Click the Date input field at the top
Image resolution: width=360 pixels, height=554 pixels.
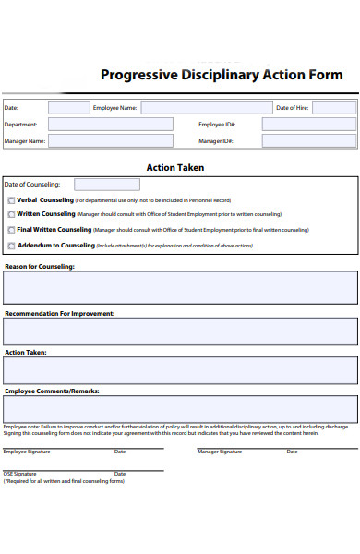(68, 107)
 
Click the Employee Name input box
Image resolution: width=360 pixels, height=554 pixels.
(207, 107)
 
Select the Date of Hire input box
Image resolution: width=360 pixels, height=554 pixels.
(333, 107)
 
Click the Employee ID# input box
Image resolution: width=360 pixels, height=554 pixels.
(308, 124)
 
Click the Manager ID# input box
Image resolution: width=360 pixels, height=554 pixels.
(308, 141)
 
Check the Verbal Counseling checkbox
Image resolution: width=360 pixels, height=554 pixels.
(11, 200)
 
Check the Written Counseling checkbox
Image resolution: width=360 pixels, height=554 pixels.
(11, 214)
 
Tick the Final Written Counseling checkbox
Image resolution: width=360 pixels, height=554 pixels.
(11, 230)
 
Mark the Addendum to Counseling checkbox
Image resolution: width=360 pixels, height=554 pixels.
(11, 246)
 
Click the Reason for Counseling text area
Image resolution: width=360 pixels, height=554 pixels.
(180, 287)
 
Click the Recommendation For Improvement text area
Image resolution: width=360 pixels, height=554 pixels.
(180, 331)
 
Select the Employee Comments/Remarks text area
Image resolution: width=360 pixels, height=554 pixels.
(180, 409)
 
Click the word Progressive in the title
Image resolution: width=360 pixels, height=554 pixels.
(136, 76)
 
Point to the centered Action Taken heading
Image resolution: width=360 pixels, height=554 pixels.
(175, 168)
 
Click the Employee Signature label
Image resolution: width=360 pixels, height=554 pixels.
(27, 452)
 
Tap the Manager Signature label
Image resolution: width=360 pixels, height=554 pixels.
(220, 452)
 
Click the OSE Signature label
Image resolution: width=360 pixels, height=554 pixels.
(21, 473)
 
